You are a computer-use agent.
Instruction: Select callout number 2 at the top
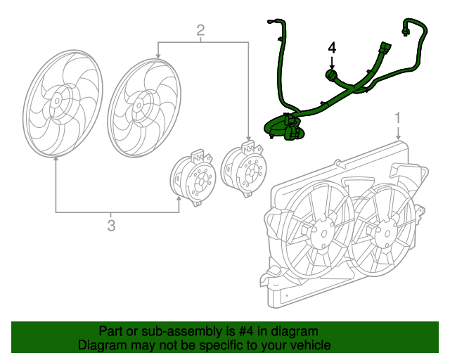[200, 30]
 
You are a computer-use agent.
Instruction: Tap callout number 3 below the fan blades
[110, 225]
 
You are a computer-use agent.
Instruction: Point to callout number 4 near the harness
[333, 48]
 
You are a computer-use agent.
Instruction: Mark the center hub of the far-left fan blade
[55, 101]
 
